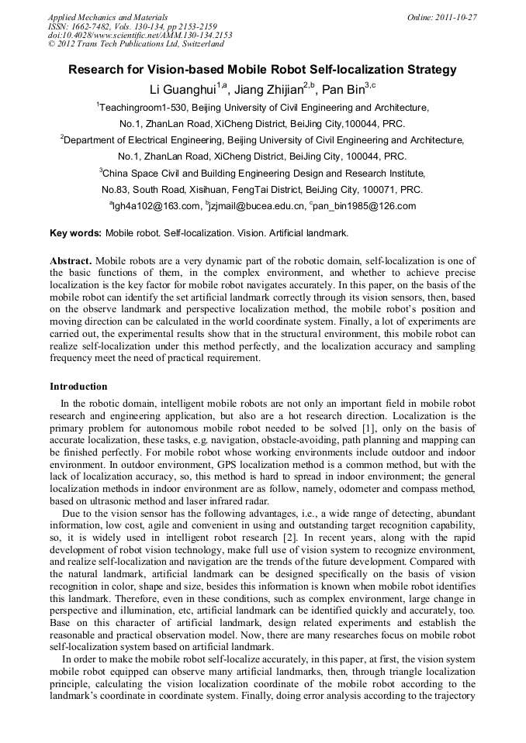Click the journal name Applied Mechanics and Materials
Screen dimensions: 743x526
tap(108, 16)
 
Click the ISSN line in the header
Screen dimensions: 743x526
tap(133, 26)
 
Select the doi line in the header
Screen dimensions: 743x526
tap(140, 35)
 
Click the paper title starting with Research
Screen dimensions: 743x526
tap(262, 70)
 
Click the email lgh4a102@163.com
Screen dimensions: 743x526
tap(156, 206)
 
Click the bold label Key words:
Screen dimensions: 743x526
tap(75, 232)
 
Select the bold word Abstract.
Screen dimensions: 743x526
tap(71, 261)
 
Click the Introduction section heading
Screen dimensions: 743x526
tap(78, 387)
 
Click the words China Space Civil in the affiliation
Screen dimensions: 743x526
tap(140, 173)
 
